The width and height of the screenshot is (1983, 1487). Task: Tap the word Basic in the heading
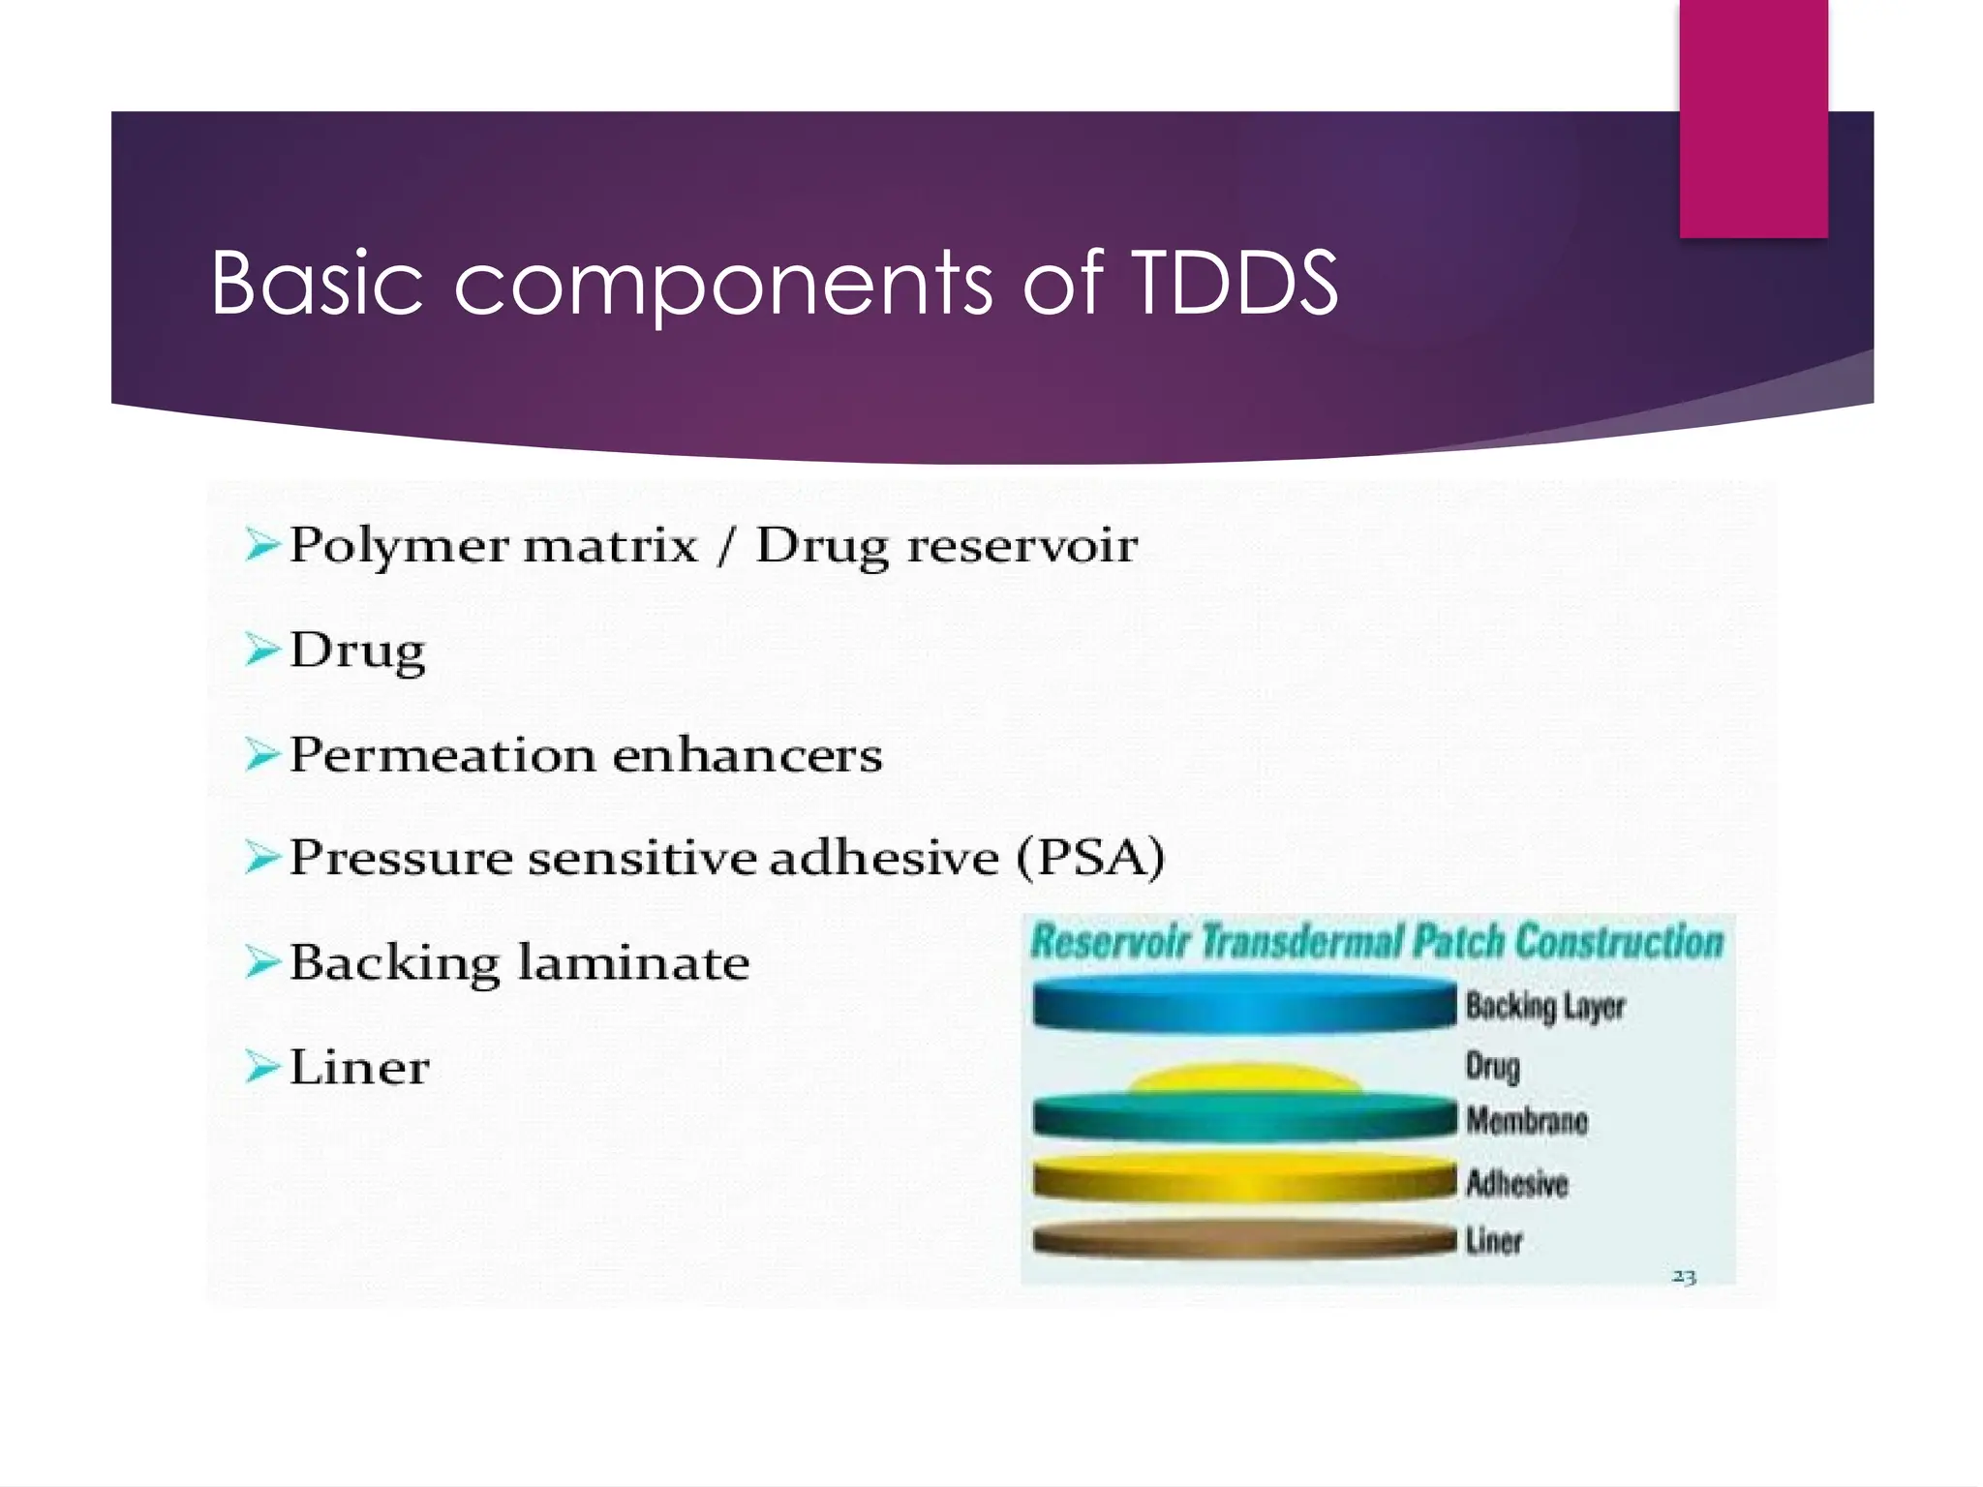click(x=317, y=283)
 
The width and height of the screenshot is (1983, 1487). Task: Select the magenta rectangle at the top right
click(x=1753, y=118)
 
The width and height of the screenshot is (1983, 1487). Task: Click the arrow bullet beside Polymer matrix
click(x=261, y=545)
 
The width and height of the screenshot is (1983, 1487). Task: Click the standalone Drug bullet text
click(x=357, y=650)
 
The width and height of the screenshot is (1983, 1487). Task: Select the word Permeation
click(x=442, y=755)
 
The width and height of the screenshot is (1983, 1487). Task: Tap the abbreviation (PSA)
click(x=1090, y=858)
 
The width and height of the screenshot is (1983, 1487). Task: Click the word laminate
click(x=633, y=963)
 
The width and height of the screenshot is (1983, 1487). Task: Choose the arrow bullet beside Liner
click(x=261, y=1067)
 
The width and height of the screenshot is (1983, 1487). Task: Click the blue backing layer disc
click(x=1243, y=1004)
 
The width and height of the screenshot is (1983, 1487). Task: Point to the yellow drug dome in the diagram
click(x=1245, y=1078)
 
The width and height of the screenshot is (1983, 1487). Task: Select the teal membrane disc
click(x=1243, y=1118)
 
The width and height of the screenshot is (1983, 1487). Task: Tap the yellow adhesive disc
click(x=1243, y=1180)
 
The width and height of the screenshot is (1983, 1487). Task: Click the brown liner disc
click(x=1243, y=1240)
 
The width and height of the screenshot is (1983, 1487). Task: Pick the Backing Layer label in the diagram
click(x=1544, y=1007)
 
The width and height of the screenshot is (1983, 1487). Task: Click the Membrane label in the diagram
click(x=1526, y=1121)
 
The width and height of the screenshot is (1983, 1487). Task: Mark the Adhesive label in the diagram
click(x=1516, y=1183)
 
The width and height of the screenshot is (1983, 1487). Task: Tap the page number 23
click(x=1683, y=1277)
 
